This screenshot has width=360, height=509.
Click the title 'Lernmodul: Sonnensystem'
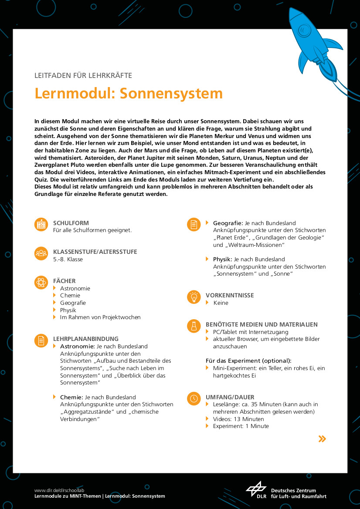coord(129,93)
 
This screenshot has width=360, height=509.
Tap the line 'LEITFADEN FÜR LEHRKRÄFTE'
coord(83,75)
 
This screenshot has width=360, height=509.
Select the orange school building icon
coord(41,224)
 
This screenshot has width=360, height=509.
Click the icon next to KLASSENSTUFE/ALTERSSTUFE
coord(41,253)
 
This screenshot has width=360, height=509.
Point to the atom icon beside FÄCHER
coord(41,282)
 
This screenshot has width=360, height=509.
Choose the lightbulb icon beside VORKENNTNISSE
coord(194,297)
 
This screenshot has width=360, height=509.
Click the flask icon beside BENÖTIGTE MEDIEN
coord(194,326)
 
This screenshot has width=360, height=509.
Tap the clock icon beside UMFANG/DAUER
coord(194,398)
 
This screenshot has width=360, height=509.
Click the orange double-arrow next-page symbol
coord(322,439)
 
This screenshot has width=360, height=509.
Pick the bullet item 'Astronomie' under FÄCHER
coord(75,288)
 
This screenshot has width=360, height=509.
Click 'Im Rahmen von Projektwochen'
coord(100,317)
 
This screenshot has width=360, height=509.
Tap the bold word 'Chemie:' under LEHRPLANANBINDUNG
coord(71,397)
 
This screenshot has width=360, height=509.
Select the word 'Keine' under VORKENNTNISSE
coord(221,303)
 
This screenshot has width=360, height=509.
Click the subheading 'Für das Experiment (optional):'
coord(248,361)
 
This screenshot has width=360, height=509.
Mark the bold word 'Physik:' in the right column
coord(223,259)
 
